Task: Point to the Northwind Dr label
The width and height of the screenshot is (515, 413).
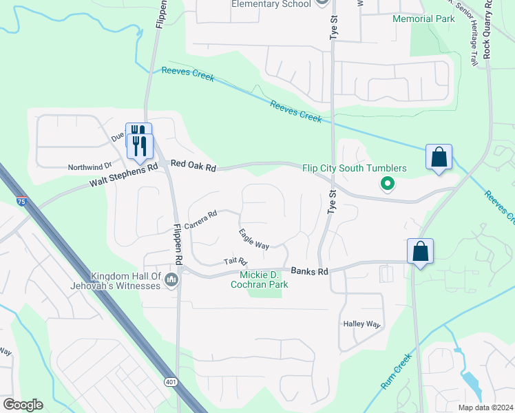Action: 90,167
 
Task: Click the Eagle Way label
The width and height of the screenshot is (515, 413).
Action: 253,239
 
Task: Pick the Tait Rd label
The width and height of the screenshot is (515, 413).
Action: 235,262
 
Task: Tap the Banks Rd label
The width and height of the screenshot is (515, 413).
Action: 309,271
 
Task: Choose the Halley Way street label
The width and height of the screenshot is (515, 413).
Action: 361,324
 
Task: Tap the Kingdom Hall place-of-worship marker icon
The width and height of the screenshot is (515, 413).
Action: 171,279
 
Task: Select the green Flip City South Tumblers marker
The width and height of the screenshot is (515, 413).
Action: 387,184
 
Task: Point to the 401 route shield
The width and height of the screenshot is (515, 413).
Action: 170,381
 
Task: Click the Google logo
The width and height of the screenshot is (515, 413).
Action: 23,405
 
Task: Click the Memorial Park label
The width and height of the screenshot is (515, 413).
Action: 423,19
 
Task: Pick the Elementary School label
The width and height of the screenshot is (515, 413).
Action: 272,3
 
